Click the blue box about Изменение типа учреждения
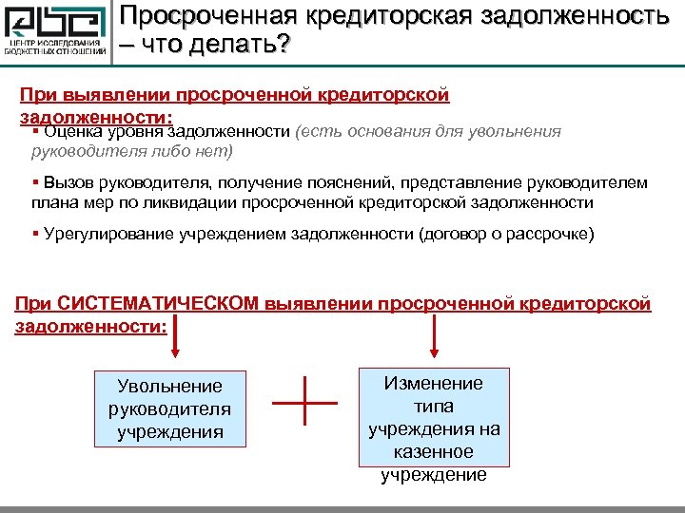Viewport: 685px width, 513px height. tap(433, 416)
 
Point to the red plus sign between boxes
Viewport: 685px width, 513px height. tap(305, 403)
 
